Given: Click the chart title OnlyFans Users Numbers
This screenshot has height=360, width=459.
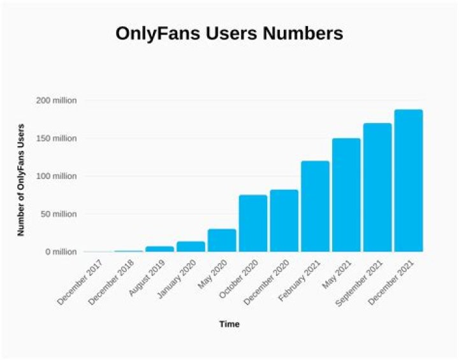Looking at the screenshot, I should [x=229, y=34].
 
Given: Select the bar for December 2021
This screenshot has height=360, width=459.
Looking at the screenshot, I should [x=408, y=181].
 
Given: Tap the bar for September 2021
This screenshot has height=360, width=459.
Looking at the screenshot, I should [x=377, y=187].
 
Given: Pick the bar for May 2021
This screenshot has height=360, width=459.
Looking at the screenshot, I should [x=346, y=195].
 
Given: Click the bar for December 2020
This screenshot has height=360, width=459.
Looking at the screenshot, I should [x=284, y=220].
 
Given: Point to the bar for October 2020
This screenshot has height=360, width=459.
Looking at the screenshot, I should [x=253, y=223].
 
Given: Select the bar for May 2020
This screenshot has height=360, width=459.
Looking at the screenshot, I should [x=222, y=240].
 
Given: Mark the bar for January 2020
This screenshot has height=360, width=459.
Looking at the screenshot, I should [x=191, y=247].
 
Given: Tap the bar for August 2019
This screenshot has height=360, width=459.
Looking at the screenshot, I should [x=159, y=249].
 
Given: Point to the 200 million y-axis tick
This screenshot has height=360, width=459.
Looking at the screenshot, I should [x=56, y=101].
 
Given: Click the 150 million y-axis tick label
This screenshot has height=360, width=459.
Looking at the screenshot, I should [x=56, y=138].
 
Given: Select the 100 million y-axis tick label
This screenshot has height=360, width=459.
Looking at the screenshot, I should [x=56, y=176].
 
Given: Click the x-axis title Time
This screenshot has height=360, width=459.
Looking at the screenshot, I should [x=229, y=324].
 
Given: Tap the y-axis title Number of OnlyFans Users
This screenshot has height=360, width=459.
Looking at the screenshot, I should [x=21, y=179].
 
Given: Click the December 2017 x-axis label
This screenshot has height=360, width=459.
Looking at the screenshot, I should [x=83, y=280].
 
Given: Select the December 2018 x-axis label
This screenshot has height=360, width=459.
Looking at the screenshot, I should [x=113, y=280].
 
